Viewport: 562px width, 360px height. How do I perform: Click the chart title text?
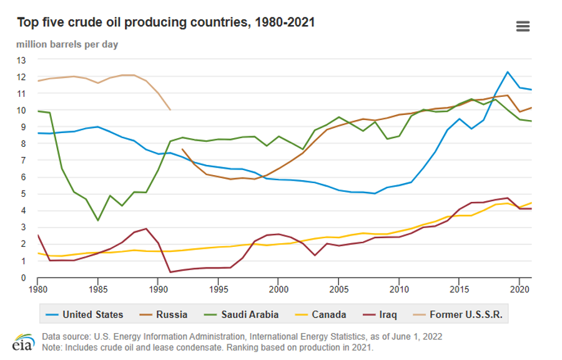165,23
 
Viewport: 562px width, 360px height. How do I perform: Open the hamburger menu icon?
523,26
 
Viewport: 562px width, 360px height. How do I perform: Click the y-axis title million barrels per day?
67,44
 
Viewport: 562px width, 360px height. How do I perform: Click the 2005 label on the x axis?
338,289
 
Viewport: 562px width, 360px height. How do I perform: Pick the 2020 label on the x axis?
519,289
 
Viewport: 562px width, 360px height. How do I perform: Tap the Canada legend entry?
330,314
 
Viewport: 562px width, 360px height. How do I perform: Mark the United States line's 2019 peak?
508,72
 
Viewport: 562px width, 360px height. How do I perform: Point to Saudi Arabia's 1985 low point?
97,220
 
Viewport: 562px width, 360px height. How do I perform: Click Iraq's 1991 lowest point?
170,272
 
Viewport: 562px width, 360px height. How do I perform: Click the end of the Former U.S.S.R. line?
170,109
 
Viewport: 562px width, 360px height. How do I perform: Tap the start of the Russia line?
182,149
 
